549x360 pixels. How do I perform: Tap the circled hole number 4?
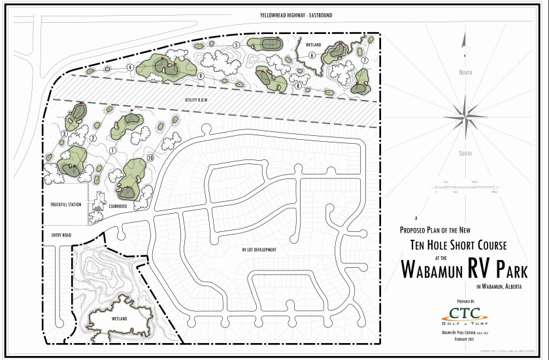click(131, 67)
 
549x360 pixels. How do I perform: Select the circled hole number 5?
click(236, 44)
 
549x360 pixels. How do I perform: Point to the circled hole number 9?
click(201, 76)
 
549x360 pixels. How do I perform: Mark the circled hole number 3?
click(64, 134)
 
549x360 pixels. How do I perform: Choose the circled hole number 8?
click(297, 86)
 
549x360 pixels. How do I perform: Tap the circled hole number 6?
click(312, 56)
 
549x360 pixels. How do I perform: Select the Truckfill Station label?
click(66, 205)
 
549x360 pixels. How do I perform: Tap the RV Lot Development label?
click(258, 250)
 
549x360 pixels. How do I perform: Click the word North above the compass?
click(465, 73)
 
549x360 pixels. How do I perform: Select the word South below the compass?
click(465, 154)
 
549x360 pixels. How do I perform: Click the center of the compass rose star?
click(465, 112)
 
